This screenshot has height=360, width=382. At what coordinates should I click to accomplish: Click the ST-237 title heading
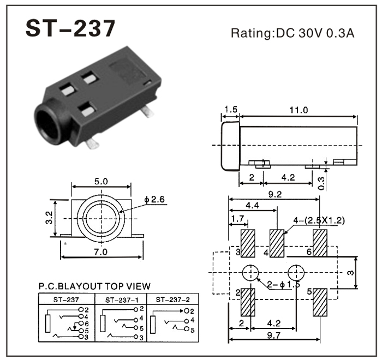coord(71,29)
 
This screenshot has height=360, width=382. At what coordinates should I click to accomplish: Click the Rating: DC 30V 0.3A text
coord(293,33)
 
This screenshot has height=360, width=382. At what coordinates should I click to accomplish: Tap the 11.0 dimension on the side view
coord(298,110)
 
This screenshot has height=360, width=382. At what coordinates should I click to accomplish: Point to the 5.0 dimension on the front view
coord(102,181)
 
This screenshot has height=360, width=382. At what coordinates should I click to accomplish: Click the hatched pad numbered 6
coord(320,243)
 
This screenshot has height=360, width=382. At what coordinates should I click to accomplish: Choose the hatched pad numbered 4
coord(278,243)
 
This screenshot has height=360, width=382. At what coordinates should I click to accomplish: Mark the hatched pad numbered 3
coord(248,243)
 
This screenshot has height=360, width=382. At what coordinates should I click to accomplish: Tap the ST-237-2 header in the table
coord(173,299)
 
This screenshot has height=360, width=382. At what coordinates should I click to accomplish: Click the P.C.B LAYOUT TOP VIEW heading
coord(94,286)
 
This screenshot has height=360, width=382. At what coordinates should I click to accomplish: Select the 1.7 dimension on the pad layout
coord(237,219)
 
